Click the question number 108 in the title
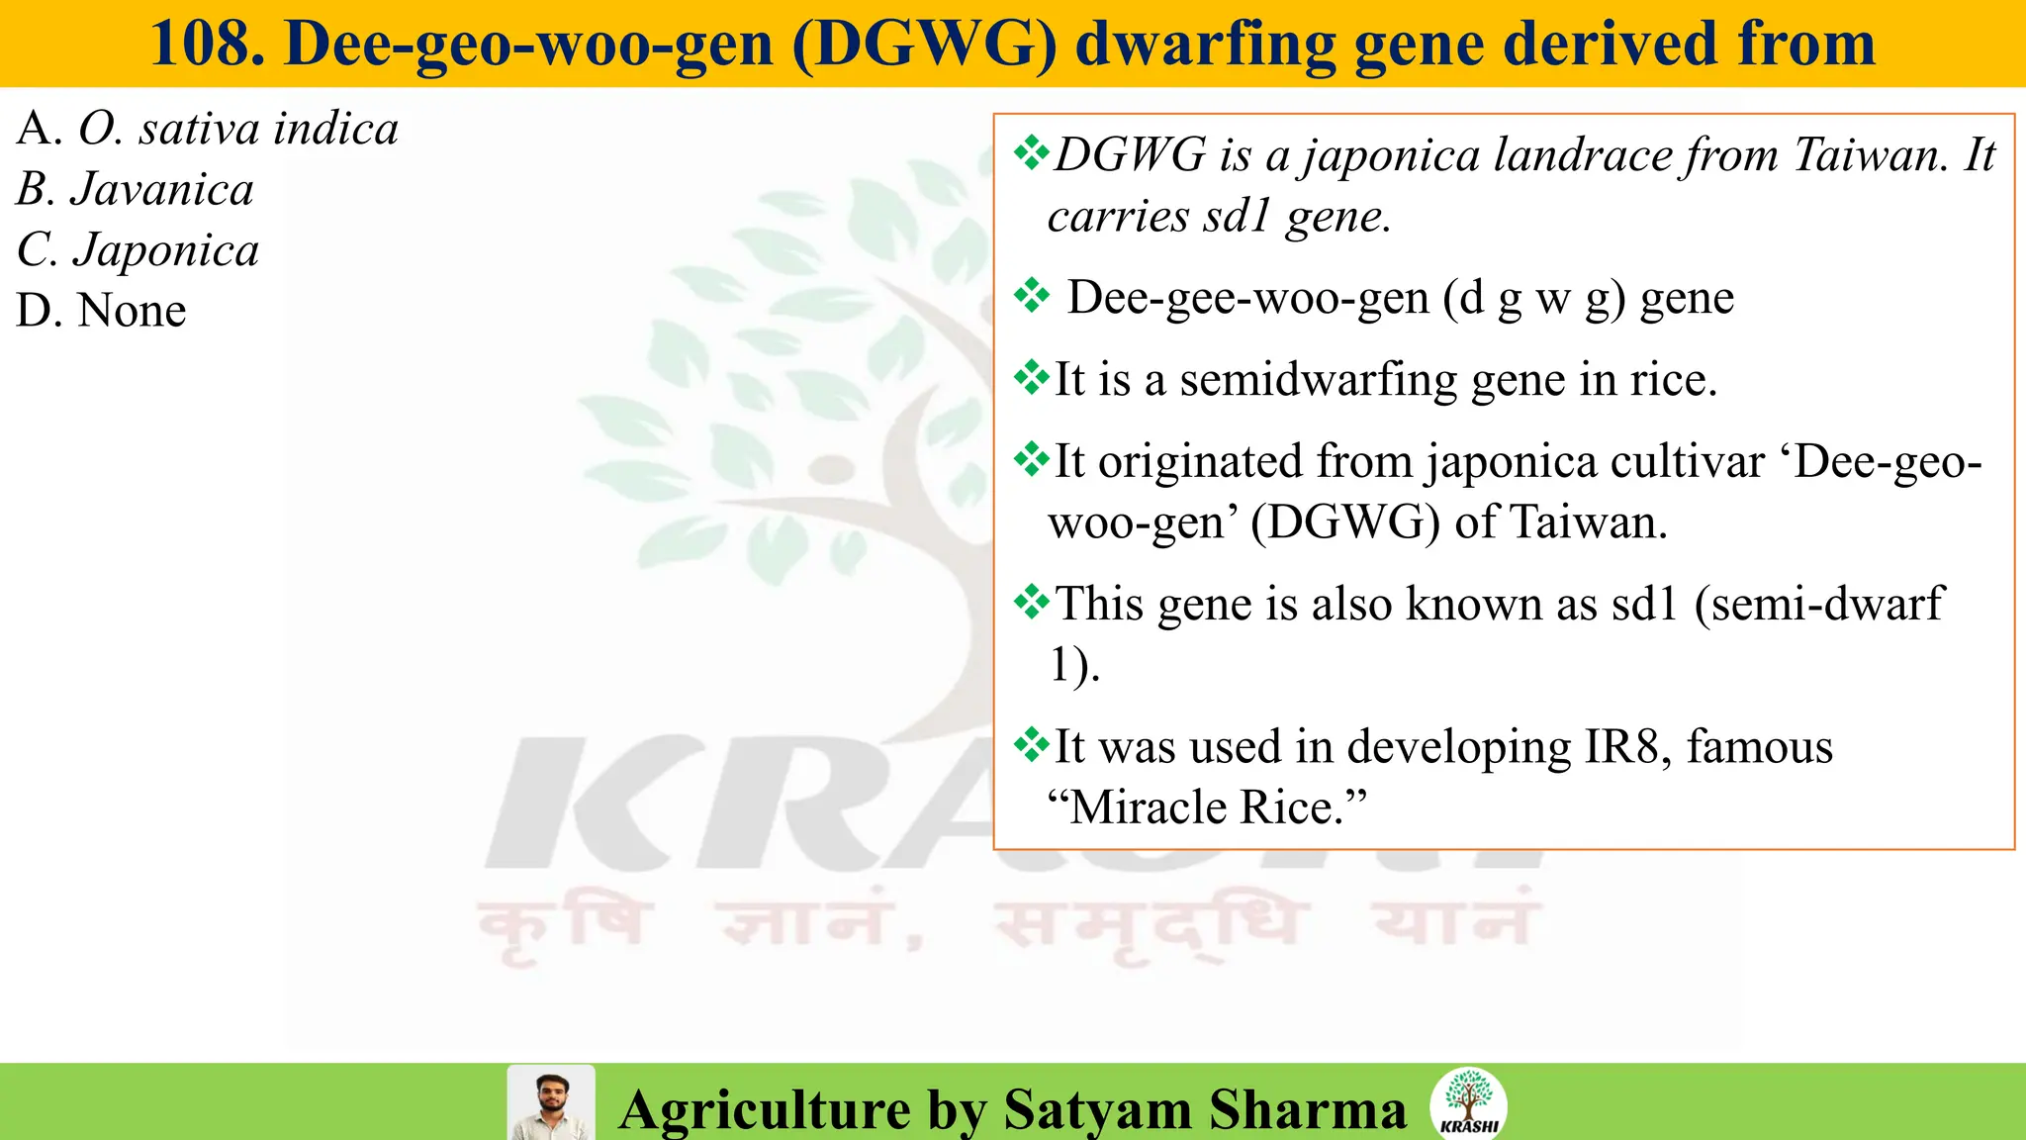click(207, 45)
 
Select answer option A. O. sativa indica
click(208, 130)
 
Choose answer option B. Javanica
click(136, 190)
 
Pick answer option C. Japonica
click(138, 250)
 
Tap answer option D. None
click(101, 311)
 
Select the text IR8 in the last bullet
click(1625, 747)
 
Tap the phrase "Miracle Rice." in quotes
click(1207, 807)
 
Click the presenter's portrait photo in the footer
click(551, 1102)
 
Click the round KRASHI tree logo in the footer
click(1468, 1102)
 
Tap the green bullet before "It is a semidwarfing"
click(1032, 378)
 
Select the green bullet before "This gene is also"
click(1032, 602)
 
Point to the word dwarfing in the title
click(1205, 45)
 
